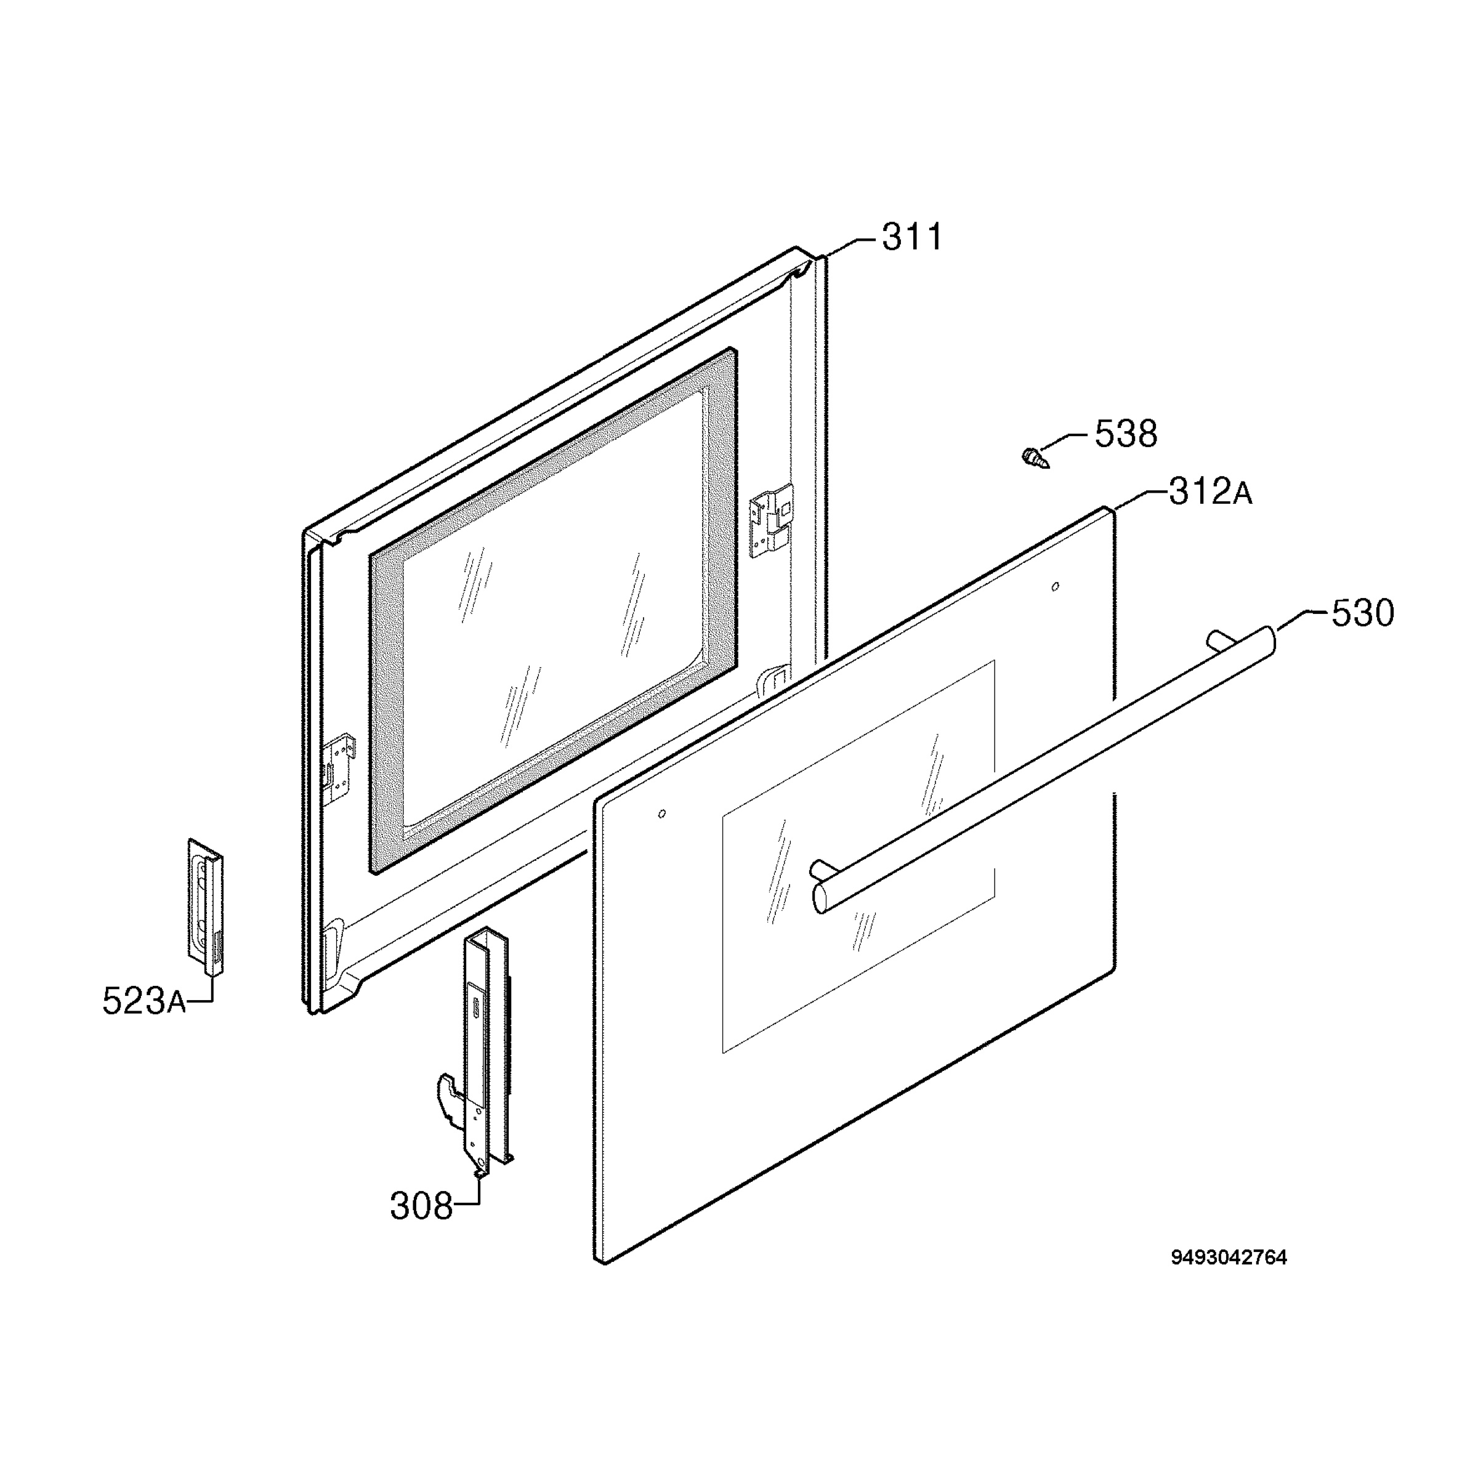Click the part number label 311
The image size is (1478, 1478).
coord(913,237)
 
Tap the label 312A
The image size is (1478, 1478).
coord(1211,492)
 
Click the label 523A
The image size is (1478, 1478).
coord(144,1001)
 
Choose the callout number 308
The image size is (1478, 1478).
coord(421,1206)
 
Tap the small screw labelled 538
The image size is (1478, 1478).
coord(1035,459)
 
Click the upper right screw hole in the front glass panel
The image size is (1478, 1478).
coord(1056,587)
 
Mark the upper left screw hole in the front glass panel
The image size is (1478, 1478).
coord(662,813)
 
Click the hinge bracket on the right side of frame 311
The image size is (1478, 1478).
coord(771,520)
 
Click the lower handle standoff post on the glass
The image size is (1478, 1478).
coord(820,869)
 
